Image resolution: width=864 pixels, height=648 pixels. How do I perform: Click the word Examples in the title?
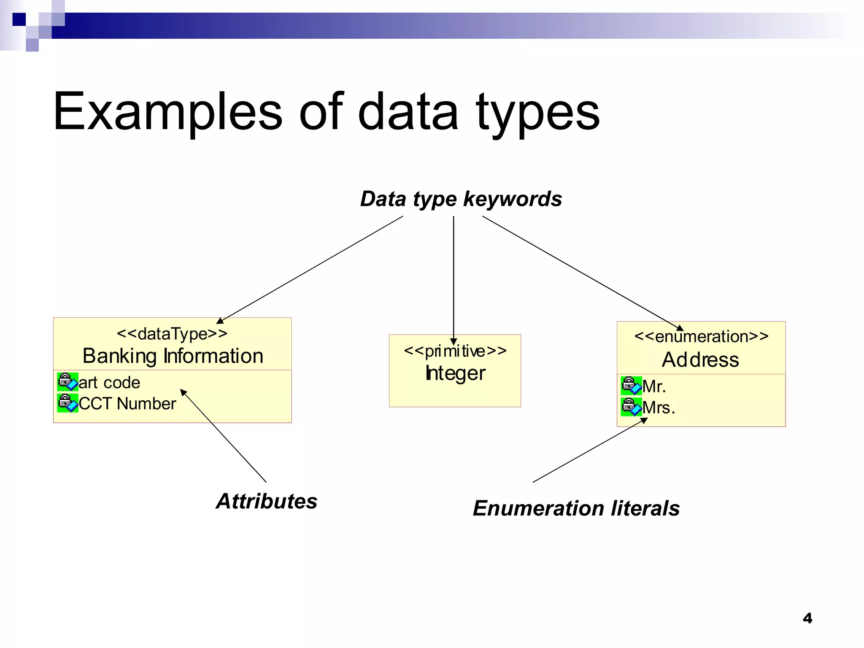[x=167, y=112]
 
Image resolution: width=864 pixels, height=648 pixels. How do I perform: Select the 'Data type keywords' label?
[x=461, y=199]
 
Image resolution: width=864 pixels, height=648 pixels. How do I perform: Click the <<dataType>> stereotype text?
[x=172, y=334]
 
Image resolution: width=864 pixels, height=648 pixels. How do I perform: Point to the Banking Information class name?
[x=173, y=356]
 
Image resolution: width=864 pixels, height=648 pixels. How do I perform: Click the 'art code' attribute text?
[x=109, y=383]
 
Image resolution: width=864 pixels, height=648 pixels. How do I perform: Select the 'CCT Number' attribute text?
[x=127, y=404]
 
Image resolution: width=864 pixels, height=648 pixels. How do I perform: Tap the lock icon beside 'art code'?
[x=67, y=382]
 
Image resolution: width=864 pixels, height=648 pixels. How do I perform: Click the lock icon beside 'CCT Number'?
[x=67, y=403]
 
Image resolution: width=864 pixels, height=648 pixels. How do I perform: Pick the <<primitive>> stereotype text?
[x=455, y=351]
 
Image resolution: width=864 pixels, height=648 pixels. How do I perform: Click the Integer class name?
[x=455, y=373]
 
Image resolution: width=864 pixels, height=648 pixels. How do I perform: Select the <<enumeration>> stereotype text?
[x=701, y=337]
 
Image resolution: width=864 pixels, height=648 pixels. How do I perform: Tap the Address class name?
[x=700, y=360]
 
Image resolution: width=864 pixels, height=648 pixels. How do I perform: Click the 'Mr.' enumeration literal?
[x=654, y=386]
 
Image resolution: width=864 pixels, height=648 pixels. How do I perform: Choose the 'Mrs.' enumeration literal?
[x=659, y=408]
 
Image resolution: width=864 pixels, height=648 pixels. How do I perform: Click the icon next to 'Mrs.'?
[x=631, y=407]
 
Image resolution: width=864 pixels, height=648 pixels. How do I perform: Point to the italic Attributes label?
[x=267, y=501]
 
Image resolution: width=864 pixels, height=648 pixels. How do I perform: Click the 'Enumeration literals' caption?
[x=576, y=508]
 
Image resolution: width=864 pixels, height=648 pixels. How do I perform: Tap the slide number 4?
[x=807, y=618]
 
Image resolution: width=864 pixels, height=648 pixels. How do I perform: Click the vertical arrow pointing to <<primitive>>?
[x=454, y=278]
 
